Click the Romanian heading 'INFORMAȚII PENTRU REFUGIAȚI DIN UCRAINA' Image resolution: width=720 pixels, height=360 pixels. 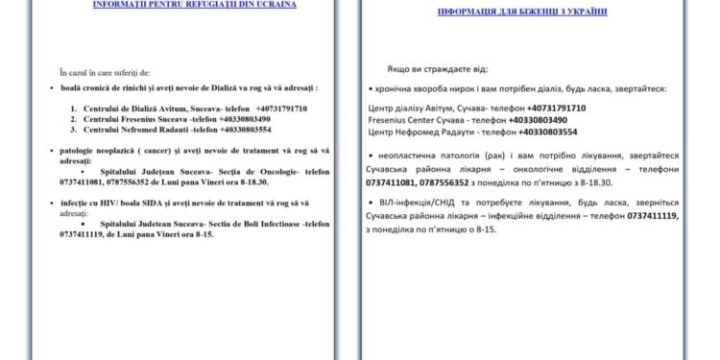(x=180, y=5)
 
